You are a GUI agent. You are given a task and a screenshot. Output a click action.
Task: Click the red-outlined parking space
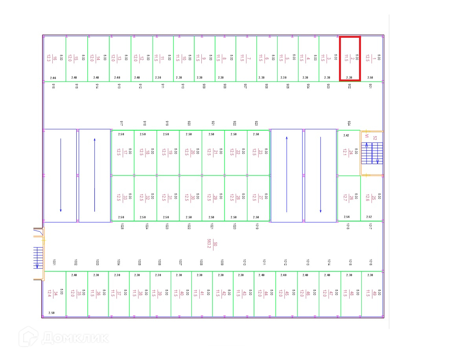click(350, 59)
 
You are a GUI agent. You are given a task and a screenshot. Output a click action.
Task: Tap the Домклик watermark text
click(75, 337)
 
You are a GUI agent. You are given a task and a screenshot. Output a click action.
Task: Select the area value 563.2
click(210, 244)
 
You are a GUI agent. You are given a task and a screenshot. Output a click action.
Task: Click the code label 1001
click(53, 262)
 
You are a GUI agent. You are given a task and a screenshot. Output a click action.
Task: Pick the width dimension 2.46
click(53, 78)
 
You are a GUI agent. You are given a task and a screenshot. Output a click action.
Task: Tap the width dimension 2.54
click(346, 217)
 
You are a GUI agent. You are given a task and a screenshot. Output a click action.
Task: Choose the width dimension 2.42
click(346, 135)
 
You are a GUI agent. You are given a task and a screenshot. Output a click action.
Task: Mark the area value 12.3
click(49, 58)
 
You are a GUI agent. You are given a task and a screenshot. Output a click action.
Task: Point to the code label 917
click(122, 124)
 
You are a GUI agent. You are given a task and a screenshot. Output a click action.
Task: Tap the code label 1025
click(122, 227)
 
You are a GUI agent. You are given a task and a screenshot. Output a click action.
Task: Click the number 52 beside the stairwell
click(375, 138)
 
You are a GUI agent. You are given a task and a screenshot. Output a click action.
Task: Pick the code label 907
click(245, 86)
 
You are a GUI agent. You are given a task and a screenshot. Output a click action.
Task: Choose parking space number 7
click(249, 58)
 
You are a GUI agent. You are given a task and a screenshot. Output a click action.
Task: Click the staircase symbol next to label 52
click(372, 153)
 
